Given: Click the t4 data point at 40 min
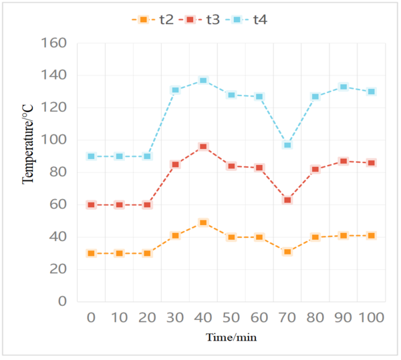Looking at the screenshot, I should [203, 80].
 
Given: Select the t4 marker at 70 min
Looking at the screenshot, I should [287, 145].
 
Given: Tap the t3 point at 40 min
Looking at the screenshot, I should [203, 146].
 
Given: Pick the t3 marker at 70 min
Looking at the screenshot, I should [287, 200].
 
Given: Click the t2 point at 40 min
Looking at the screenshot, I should [203, 222].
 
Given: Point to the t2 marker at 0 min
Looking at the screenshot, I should [91, 253].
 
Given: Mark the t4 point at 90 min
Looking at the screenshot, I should [343, 87].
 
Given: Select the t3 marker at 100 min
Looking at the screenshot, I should [371, 163].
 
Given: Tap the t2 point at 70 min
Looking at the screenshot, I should [287, 252].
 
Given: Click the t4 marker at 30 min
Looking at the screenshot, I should [175, 89].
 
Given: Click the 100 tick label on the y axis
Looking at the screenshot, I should [53, 141].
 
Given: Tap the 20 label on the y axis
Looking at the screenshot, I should [57, 270].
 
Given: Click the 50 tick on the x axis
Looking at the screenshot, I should [231, 317].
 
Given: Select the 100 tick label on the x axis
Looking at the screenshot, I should [371, 317].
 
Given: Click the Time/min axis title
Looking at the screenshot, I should [231, 338].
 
